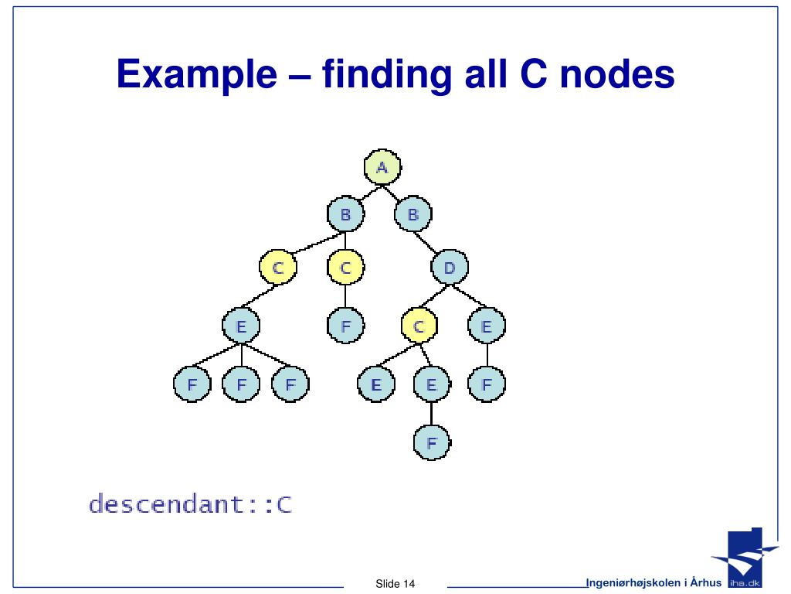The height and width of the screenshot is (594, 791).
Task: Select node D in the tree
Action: coord(449,268)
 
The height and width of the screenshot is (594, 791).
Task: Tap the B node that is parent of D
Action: coord(412,214)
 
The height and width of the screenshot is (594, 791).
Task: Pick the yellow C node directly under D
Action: coord(419,326)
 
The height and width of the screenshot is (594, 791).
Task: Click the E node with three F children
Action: coord(241,326)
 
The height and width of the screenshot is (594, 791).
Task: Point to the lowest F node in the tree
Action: coord(432,442)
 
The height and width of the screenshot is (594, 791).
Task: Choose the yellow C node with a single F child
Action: coord(345,268)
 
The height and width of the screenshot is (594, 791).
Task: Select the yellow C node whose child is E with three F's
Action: coord(278,268)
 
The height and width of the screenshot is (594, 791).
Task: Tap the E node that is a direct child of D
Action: coord(486,326)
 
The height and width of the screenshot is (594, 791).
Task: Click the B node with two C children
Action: coord(345,214)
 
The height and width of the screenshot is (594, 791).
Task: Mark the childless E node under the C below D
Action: coord(375,384)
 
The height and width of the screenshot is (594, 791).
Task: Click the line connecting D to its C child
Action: coord(434,297)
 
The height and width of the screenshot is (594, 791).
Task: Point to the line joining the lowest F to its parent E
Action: coord(432,413)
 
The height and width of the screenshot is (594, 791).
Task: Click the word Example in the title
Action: coord(197,75)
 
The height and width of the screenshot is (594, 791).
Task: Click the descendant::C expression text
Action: coord(190,505)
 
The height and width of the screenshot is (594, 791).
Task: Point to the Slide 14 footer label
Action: coord(395,583)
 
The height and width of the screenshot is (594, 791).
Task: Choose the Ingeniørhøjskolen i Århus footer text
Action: coord(654,582)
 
